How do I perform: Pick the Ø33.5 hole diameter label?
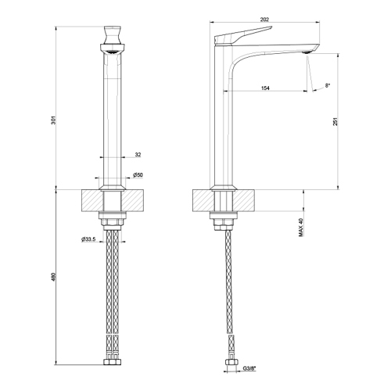tap(88, 239)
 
